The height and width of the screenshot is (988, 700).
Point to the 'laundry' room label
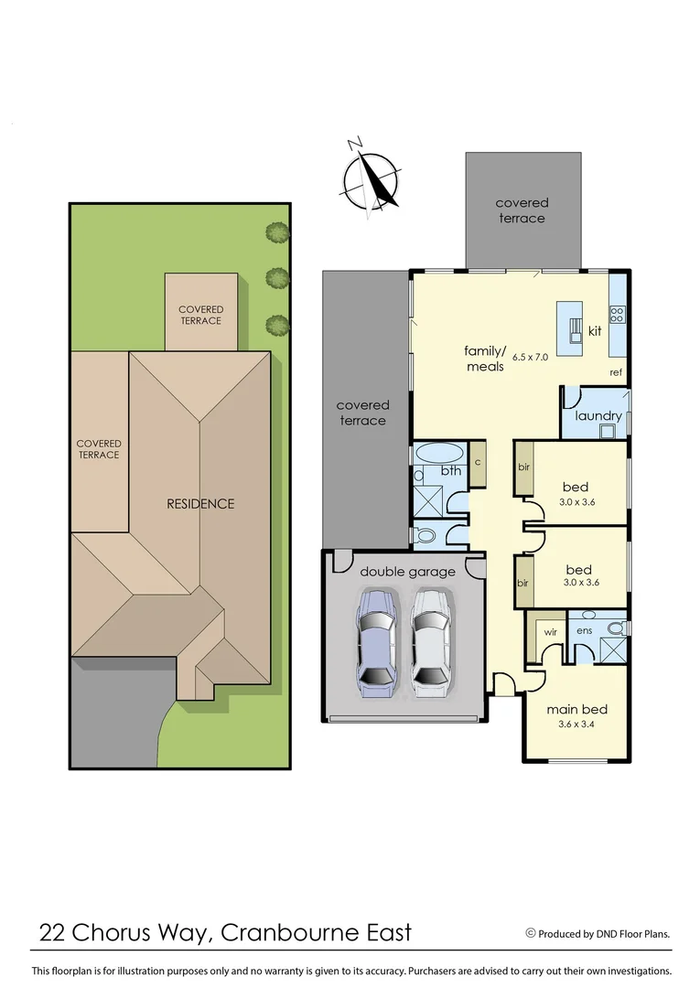(x=598, y=415)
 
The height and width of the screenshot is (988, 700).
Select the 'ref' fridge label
(x=616, y=372)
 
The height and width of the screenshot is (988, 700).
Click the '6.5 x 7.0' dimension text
(x=530, y=357)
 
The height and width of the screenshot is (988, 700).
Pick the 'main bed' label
(x=576, y=709)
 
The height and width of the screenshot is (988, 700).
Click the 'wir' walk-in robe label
(x=551, y=632)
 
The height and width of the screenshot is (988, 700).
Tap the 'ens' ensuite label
(x=584, y=630)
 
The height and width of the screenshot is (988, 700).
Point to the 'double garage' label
(x=407, y=572)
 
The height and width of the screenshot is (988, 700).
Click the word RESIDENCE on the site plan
(x=200, y=503)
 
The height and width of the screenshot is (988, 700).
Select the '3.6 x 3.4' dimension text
(x=576, y=725)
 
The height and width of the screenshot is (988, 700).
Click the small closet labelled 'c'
(x=478, y=462)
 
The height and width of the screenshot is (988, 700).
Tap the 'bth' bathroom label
(x=451, y=472)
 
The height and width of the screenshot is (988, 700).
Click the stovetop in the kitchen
(x=618, y=315)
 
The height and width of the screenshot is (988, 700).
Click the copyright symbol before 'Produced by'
(x=530, y=933)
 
